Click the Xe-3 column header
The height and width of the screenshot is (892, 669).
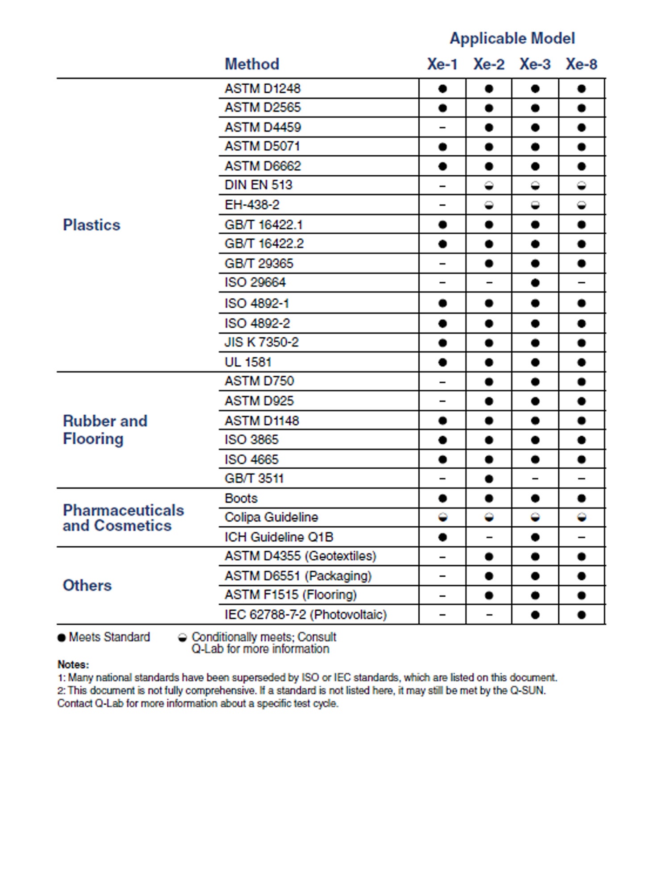point(535,64)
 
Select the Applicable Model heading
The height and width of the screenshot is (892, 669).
point(512,38)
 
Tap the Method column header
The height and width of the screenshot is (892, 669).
point(252,64)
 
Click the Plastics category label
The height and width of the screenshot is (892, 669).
point(91,225)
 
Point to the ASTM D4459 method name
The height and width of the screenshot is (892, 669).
point(263,128)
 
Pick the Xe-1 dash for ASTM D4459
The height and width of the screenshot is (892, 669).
point(442,128)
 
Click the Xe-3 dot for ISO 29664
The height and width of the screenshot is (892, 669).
point(535,283)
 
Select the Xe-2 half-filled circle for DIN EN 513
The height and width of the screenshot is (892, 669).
point(489,186)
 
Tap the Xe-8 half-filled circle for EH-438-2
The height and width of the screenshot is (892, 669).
point(582,205)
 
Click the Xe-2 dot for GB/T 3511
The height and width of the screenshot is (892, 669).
point(489,479)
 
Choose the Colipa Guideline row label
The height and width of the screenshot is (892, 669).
point(271,517)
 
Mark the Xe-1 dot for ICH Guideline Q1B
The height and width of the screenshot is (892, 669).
point(442,537)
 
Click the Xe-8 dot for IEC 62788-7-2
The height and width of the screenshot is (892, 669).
point(582,615)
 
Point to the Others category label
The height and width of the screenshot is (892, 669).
point(87,585)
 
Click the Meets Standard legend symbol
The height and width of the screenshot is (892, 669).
point(62,638)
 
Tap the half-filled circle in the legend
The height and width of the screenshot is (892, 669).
point(182,638)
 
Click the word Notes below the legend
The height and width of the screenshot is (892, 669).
point(73,665)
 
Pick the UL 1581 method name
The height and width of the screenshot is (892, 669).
point(248,362)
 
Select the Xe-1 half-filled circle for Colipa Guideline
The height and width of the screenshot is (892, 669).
point(442,517)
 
